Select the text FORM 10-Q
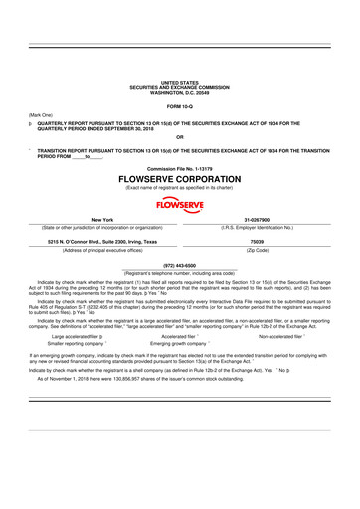point(180,105)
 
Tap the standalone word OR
point(179,136)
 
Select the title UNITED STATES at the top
point(180,82)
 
